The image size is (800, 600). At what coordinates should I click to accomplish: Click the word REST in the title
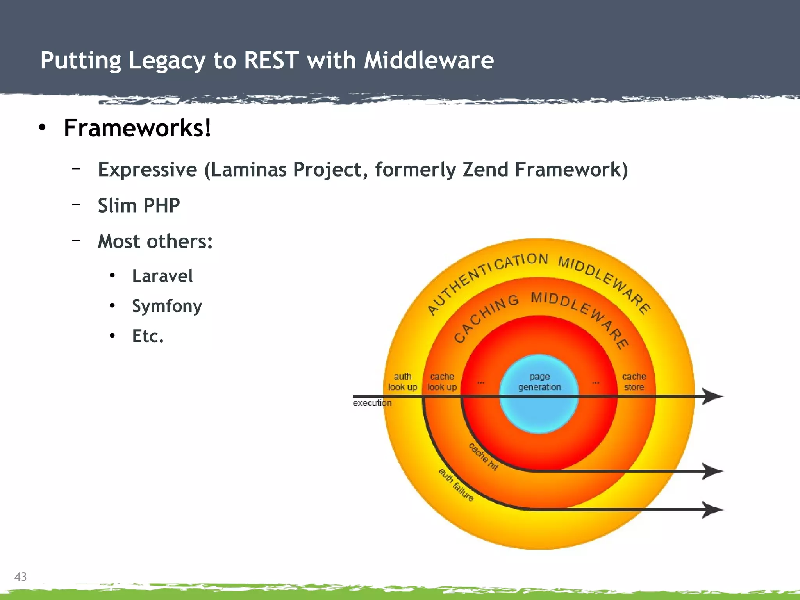tap(271, 61)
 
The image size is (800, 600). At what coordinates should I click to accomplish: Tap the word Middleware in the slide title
tap(429, 61)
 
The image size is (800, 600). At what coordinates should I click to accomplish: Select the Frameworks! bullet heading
tap(137, 128)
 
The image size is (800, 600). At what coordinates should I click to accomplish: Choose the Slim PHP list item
tap(139, 205)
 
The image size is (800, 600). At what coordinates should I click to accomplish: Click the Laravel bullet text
tap(162, 276)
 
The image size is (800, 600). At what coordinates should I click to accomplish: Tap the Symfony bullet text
tap(167, 306)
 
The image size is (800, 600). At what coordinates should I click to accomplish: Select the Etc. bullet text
tap(148, 336)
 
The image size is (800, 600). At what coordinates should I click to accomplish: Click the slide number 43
tap(20, 577)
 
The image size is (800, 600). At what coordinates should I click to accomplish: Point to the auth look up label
tap(402, 382)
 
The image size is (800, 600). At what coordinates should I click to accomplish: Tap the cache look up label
tap(442, 382)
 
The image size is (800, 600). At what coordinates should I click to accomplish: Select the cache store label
tap(634, 382)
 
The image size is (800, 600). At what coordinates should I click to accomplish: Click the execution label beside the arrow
tap(371, 403)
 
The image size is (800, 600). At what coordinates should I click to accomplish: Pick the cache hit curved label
tap(483, 457)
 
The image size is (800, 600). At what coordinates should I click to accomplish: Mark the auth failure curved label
tap(456, 485)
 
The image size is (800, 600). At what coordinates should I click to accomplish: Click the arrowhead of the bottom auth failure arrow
tap(713, 509)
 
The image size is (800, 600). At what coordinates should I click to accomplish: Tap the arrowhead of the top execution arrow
tap(713, 396)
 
